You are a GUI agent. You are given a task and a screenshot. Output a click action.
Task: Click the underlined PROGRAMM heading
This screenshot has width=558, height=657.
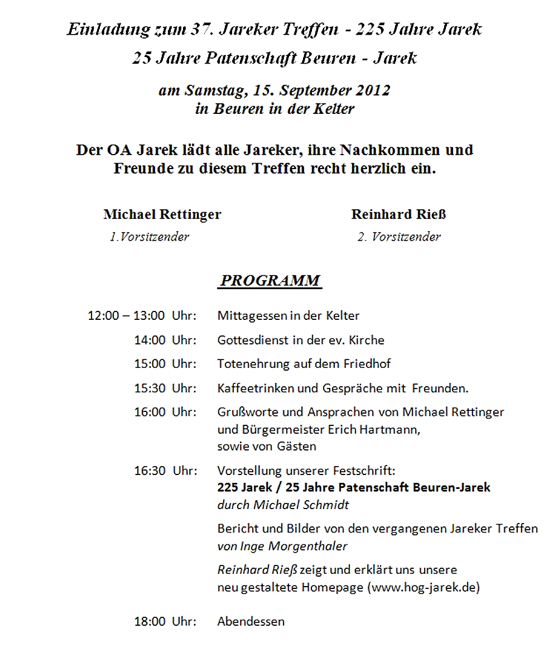click(270, 280)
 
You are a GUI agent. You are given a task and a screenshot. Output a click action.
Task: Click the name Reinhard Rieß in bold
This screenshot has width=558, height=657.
click(398, 214)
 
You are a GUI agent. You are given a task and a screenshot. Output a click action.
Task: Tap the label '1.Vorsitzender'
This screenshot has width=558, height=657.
click(149, 237)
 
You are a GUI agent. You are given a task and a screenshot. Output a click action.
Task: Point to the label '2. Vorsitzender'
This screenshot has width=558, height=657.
click(398, 237)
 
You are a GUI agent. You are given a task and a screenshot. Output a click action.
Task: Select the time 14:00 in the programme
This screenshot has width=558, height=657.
click(150, 340)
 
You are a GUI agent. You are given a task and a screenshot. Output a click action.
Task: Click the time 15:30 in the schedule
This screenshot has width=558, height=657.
click(150, 388)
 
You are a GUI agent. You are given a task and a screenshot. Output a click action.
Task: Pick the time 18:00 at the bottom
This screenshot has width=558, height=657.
click(150, 621)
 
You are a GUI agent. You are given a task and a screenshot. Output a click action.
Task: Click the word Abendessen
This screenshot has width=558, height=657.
click(251, 621)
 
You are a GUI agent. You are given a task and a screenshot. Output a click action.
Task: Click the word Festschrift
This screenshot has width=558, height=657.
click(369, 471)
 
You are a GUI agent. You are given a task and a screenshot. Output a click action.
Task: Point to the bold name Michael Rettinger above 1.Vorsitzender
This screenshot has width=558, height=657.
click(162, 214)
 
